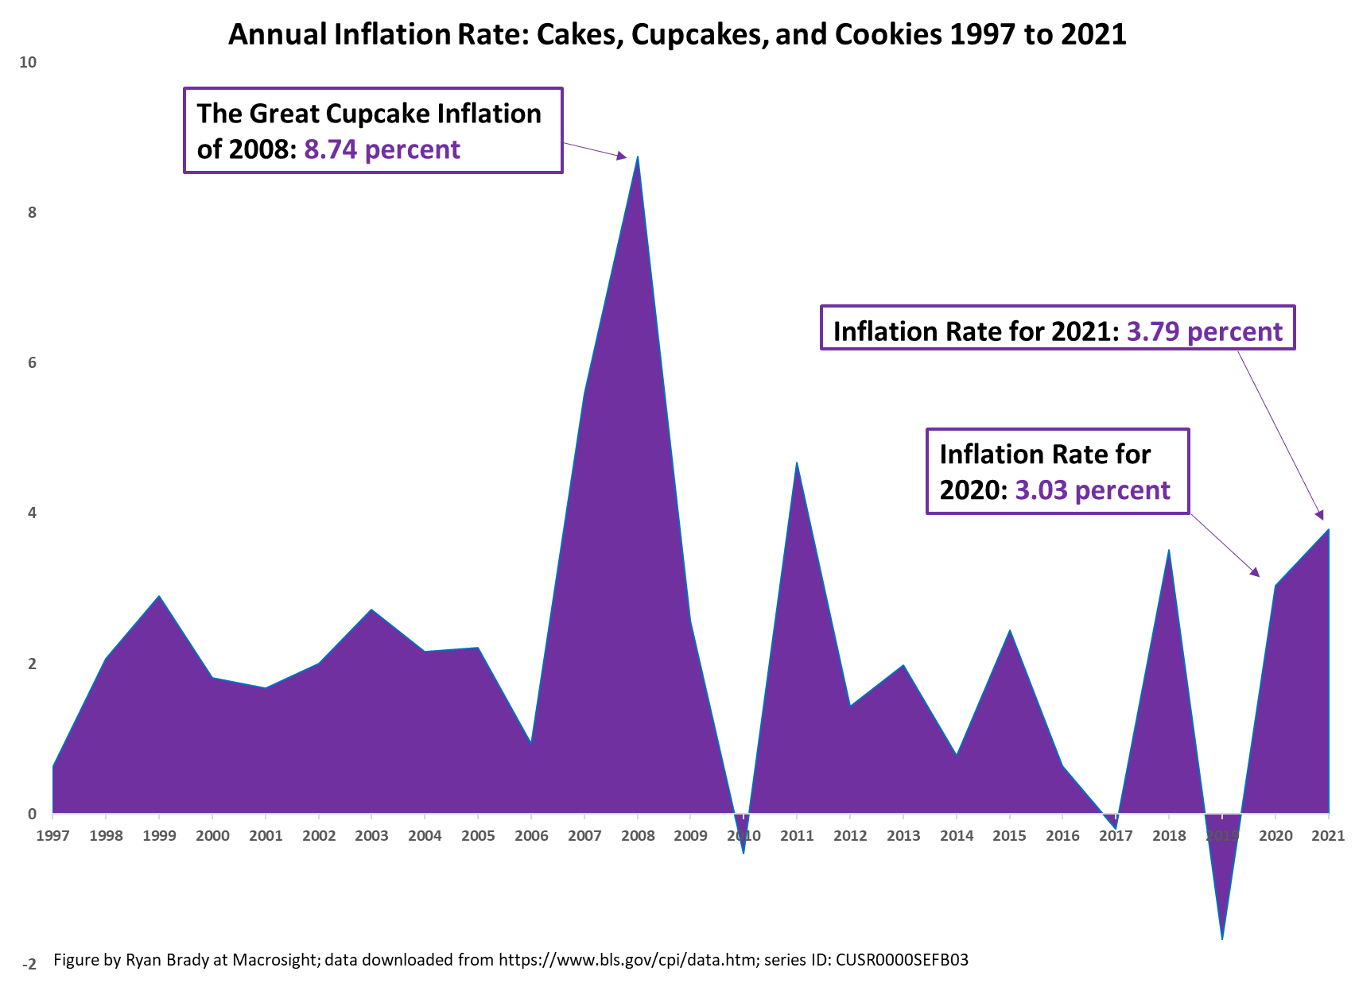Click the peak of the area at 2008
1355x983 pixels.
point(638,157)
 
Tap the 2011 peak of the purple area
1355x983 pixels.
point(797,463)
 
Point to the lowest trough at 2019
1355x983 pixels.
point(1222,938)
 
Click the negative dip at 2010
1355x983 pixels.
point(744,852)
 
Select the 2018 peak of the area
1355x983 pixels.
point(1168,551)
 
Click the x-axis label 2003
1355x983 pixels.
point(371,836)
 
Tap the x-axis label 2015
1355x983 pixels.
point(1009,836)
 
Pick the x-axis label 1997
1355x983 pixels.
point(52,836)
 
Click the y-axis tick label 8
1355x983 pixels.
point(32,212)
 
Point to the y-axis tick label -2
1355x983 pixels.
point(29,965)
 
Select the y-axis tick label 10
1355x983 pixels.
point(28,62)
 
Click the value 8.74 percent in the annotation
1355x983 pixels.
point(382,149)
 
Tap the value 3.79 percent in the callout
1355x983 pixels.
point(1205,331)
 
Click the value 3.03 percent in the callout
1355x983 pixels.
point(1093,490)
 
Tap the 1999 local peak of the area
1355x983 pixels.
point(159,596)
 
